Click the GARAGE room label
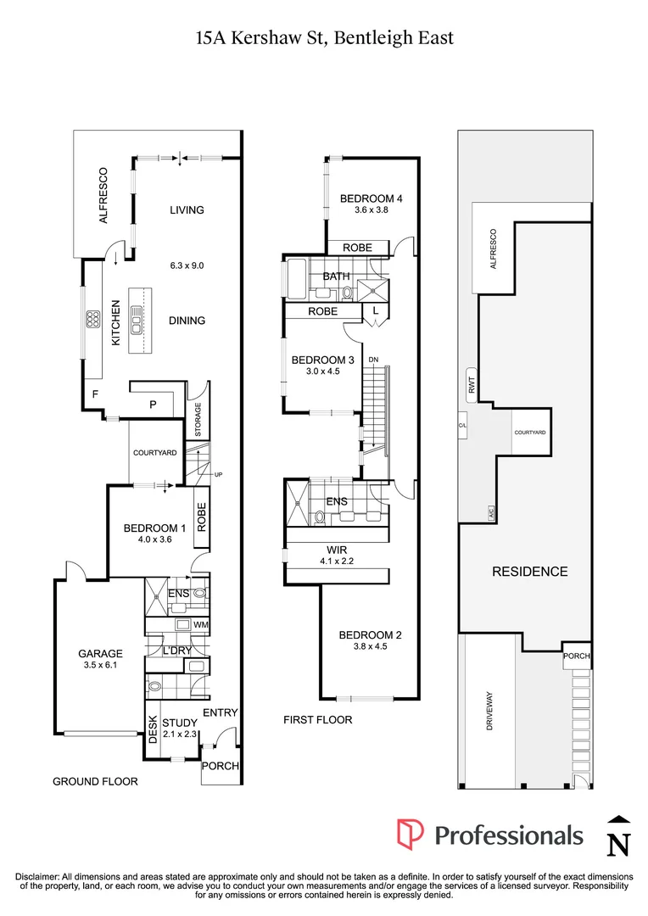[101, 654]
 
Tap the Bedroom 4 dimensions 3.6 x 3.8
[371, 211]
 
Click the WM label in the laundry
[200, 626]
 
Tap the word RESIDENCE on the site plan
[530, 572]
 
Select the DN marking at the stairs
[373, 360]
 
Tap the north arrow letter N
[620, 843]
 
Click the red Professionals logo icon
[411, 835]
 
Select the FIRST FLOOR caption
[318, 720]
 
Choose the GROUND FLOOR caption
[95, 781]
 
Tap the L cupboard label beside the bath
[375, 312]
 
